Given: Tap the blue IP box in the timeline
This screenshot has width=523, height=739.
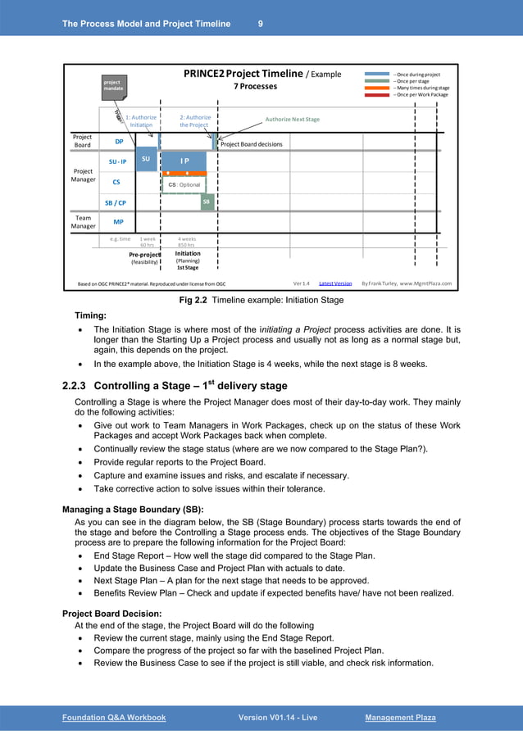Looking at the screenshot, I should pyautogui.click(x=185, y=161).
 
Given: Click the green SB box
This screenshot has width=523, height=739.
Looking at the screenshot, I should pyautogui.click(x=207, y=201).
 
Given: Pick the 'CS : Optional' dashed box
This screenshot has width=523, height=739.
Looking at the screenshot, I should pyautogui.click(x=184, y=185).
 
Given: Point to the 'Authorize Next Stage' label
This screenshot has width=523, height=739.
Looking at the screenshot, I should pyautogui.click(x=292, y=119).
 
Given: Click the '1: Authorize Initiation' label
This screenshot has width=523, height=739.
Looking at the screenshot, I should pyautogui.click(x=140, y=121).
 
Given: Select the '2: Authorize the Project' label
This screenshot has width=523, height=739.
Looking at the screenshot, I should pyautogui.click(x=194, y=121).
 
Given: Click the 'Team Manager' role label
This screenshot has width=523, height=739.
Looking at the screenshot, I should pyautogui.click(x=83, y=221).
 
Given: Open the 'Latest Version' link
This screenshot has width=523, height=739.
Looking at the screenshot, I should pyautogui.click(x=334, y=283).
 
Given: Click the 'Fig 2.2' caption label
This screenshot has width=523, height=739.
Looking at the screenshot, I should pyautogui.click(x=193, y=301).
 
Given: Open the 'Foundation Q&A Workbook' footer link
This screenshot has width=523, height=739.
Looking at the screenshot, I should pyautogui.click(x=114, y=718).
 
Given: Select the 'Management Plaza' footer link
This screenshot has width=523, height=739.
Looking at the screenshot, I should pyautogui.click(x=400, y=718).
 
